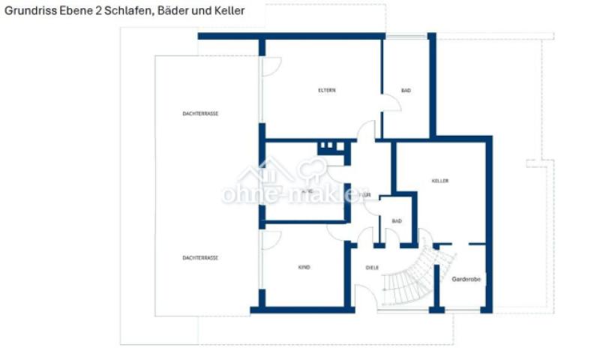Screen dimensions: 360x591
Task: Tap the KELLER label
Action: tap(440, 181)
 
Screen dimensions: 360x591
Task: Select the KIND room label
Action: tap(304, 268)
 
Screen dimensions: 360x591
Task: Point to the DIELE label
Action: tap(372, 268)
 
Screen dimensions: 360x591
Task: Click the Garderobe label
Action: tap(466, 279)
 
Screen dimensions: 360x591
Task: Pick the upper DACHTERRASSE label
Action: tap(200, 113)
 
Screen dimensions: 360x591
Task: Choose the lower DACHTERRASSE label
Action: tap(200, 258)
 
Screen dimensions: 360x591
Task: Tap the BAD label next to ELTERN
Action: tap(406, 91)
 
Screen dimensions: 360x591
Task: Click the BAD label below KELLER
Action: tap(397, 221)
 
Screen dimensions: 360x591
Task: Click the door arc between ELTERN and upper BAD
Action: tap(391, 104)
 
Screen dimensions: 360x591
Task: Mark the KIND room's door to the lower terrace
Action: tap(271, 239)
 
